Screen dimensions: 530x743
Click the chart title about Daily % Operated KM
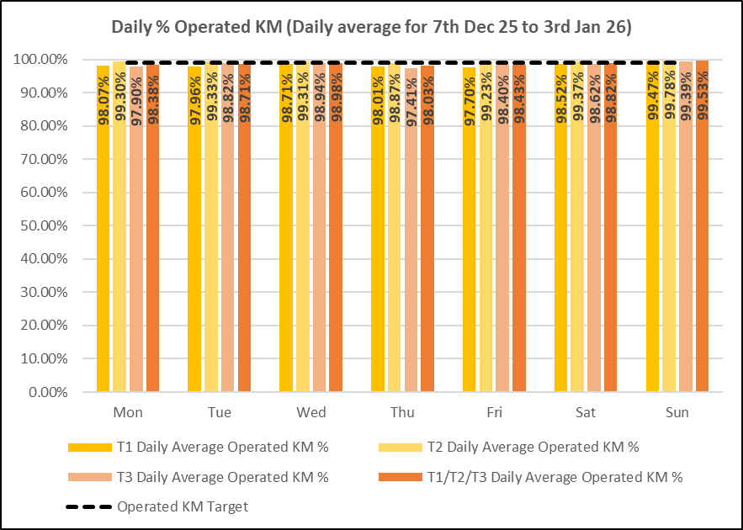click(372, 26)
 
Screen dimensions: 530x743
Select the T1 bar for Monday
click(103, 252)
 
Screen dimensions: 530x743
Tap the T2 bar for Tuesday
click(211, 252)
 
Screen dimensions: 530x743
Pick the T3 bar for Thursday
click(411, 252)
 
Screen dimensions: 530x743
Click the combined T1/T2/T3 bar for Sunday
click(702, 252)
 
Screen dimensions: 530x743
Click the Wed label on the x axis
click(310, 413)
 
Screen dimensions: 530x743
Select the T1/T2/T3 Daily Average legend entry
click(555, 477)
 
